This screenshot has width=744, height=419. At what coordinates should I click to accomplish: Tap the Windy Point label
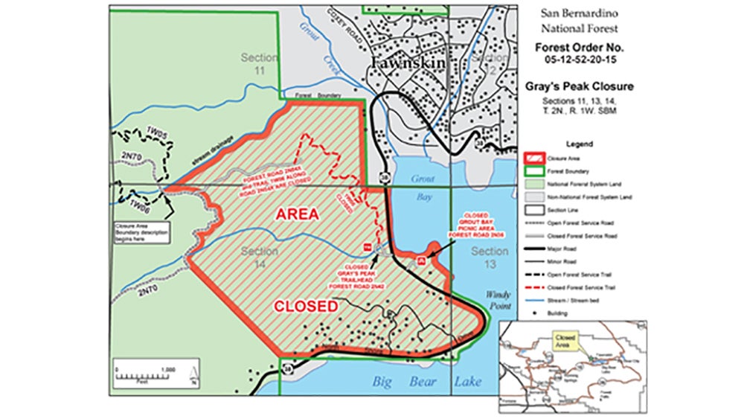[x=499, y=300]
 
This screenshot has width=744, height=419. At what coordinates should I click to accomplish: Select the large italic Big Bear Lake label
[x=426, y=383]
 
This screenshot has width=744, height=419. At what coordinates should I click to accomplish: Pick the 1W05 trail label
[x=155, y=132]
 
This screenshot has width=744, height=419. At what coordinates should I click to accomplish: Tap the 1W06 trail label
[x=139, y=203]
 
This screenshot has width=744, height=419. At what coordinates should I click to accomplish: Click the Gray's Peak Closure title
[x=589, y=86]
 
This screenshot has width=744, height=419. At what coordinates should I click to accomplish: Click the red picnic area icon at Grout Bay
[x=422, y=260]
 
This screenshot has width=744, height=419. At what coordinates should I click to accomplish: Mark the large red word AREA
[x=298, y=214]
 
